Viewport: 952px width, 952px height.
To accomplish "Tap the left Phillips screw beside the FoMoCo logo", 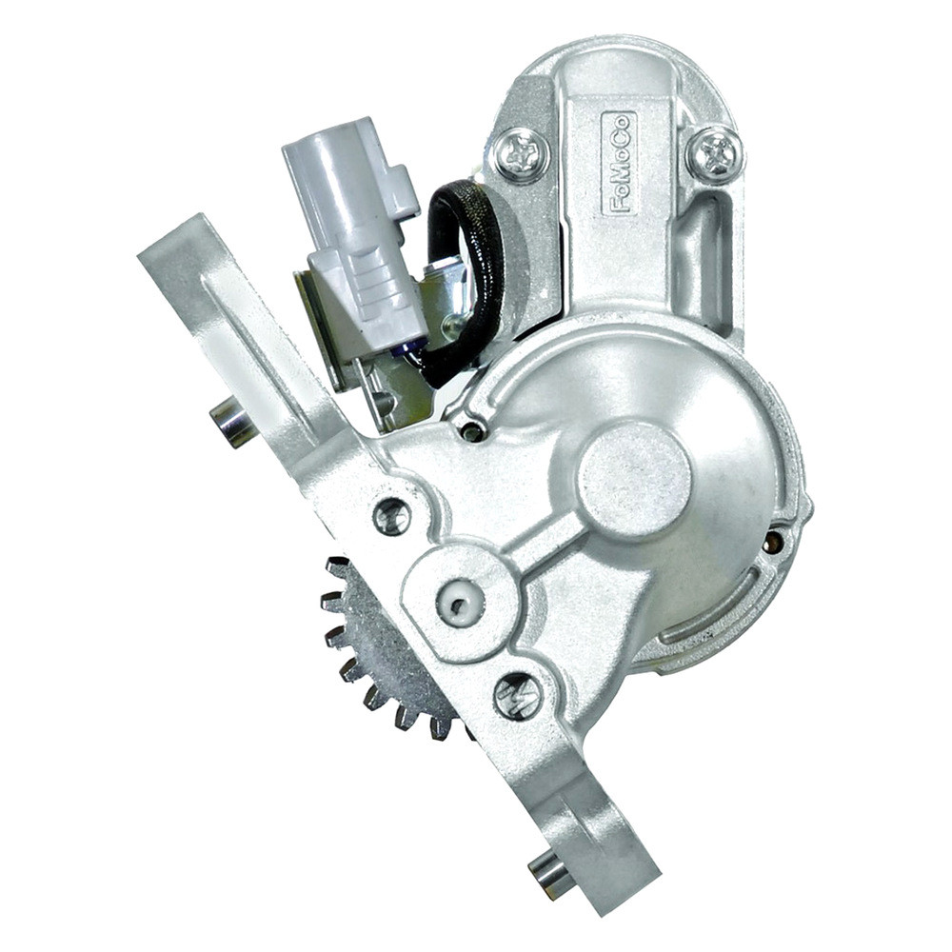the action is (x=521, y=154).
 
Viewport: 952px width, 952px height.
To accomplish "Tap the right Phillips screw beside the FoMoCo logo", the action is (x=717, y=152).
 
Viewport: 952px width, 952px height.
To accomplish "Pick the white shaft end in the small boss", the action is (x=461, y=602).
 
